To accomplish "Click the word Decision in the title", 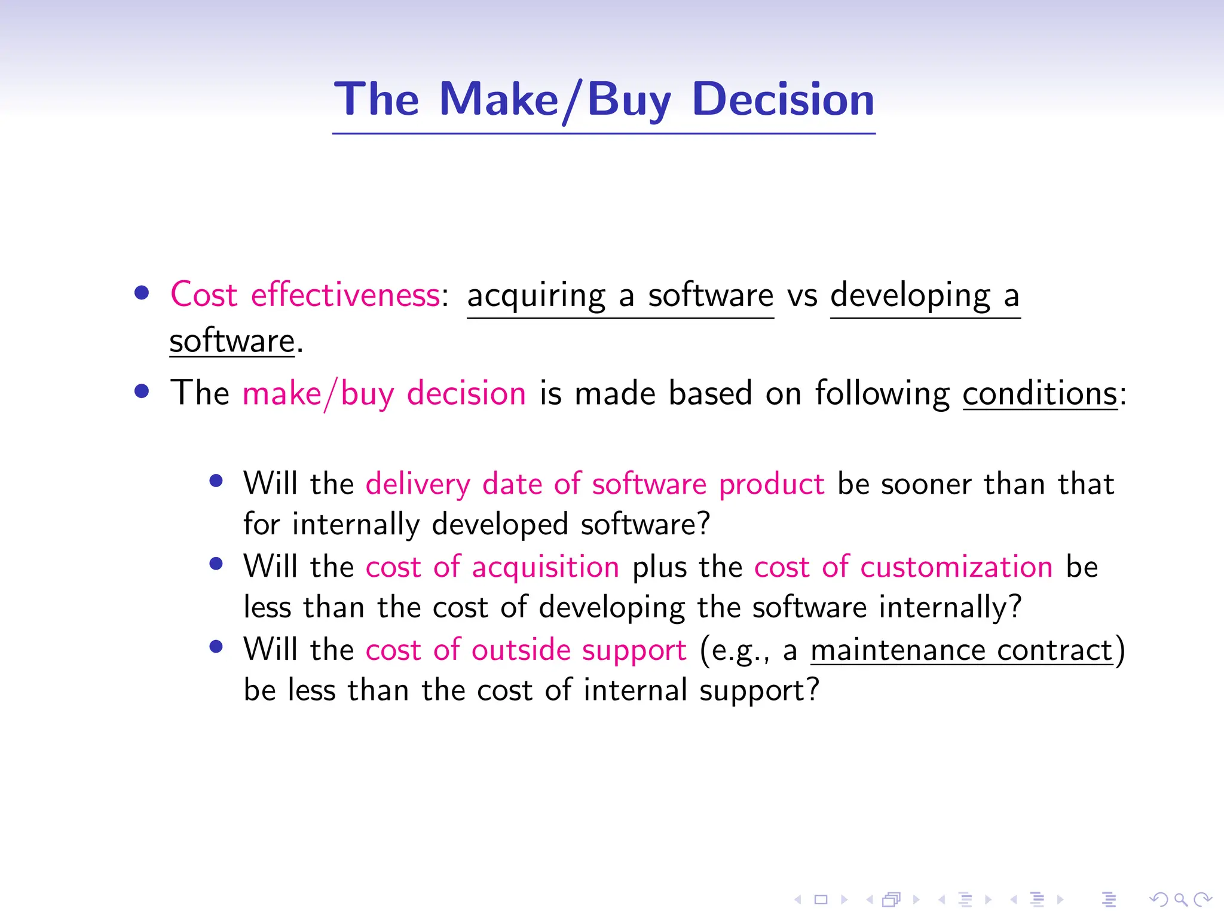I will coord(783,99).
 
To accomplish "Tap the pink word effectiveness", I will coord(345,295).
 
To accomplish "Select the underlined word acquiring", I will coord(536,296).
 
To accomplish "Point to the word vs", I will coord(801,296).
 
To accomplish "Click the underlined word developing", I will coord(910,296).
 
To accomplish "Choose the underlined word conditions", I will coord(1040,394).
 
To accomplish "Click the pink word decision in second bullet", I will coord(466,394).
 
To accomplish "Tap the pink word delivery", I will coord(418,484).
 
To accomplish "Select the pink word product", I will coord(771,484).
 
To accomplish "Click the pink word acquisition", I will coord(545,567).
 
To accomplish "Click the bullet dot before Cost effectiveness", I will coord(142,293).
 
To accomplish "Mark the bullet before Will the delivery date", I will coord(216,481).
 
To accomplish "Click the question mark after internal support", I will coord(812,690).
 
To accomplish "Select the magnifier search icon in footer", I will coord(1180,899).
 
